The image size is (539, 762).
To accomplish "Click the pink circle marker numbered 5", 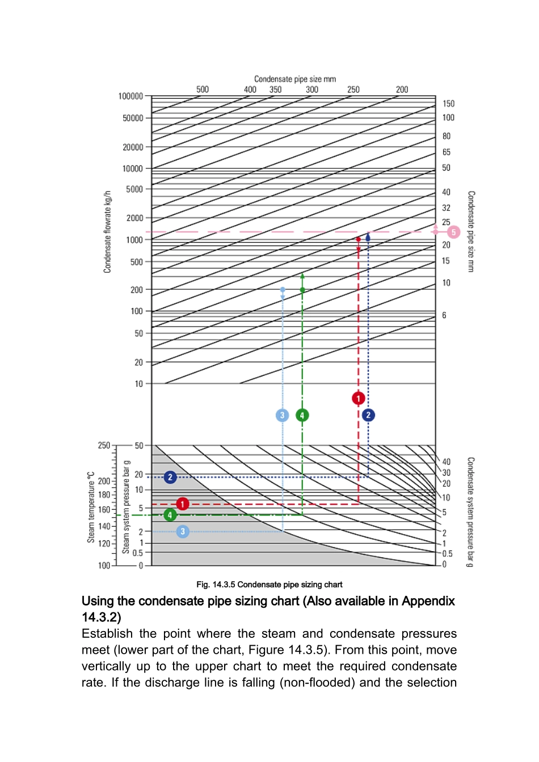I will click(453, 232).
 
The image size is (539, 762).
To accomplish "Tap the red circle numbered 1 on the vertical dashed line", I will click(358, 399).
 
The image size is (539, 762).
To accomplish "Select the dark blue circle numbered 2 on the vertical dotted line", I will click(368, 415).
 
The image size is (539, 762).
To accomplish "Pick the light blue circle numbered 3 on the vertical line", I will click(282, 415).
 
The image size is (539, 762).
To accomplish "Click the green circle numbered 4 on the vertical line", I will click(302, 415).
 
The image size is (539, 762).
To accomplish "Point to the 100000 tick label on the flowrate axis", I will click(130, 96).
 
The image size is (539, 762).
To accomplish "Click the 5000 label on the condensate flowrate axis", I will click(134, 189).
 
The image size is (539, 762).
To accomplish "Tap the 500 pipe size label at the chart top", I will click(203, 90).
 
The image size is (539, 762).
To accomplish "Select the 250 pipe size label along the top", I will click(353, 90).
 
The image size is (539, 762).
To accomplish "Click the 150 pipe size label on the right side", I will click(448, 104).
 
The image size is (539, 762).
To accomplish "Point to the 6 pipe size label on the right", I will click(444, 315).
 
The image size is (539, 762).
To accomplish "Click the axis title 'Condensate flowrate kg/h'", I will click(107, 232).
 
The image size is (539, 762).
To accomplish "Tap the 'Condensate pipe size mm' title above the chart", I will click(295, 79).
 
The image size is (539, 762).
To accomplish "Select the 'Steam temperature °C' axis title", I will click(91, 507).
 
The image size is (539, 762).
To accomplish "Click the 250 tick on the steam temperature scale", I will click(104, 446).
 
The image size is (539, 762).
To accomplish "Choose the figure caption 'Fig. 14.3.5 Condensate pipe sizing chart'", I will click(269, 585).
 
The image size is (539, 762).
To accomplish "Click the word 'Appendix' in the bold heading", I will click(428, 601).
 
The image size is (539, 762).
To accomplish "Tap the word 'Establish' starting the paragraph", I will click(107, 634).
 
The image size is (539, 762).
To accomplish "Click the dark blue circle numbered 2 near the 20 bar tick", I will click(170, 477).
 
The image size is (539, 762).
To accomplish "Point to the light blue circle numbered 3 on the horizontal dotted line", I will click(182, 532).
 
